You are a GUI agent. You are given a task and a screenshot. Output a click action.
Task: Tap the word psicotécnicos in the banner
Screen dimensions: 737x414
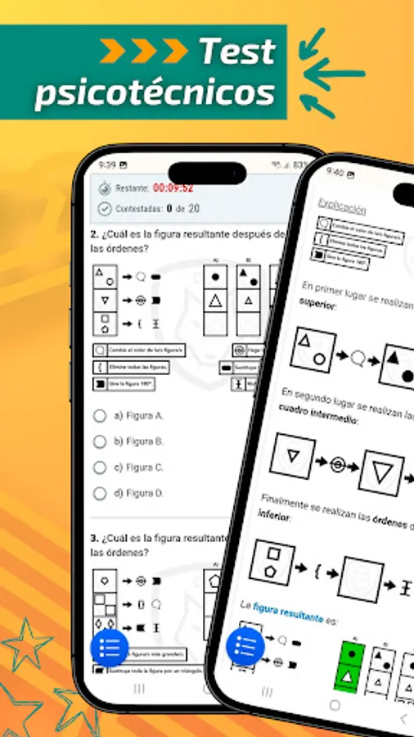coord(155,93)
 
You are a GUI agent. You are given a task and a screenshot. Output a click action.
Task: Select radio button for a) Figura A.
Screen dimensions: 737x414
coord(100,415)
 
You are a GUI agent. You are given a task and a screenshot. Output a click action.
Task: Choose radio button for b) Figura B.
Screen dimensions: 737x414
coord(100,441)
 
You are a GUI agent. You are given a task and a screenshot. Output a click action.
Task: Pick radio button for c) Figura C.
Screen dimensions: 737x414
coord(100,468)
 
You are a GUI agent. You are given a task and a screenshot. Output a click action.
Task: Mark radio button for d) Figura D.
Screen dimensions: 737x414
coord(100,494)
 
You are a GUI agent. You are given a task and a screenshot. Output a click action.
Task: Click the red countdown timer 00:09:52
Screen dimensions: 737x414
coord(172,188)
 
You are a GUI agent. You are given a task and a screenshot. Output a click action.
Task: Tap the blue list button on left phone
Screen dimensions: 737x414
coord(110,649)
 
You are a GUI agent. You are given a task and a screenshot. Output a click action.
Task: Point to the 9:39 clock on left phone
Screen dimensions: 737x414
coord(107,165)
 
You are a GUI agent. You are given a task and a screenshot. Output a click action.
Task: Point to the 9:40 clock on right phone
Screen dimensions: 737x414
coord(335,172)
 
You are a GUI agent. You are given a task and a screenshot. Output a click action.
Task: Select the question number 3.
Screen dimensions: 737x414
coord(95,538)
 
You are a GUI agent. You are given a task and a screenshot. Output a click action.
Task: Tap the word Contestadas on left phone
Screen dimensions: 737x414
coord(137,208)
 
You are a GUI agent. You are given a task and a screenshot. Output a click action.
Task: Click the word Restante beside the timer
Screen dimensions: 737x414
coord(132,188)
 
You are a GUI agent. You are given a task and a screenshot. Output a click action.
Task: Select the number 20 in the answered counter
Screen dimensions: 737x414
coord(194,208)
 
